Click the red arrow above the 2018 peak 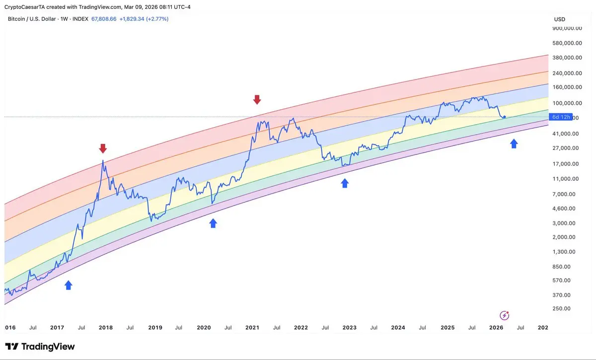click(x=103, y=148)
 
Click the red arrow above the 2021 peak click(x=257, y=99)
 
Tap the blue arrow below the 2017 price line click(x=69, y=285)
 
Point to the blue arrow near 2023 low click(x=345, y=183)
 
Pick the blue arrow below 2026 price click(x=514, y=144)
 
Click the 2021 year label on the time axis click(x=252, y=328)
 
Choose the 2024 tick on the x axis click(x=398, y=328)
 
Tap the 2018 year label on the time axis click(x=106, y=328)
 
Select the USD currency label click(x=560, y=19)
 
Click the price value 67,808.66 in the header click(x=104, y=19)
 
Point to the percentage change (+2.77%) click(x=157, y=19)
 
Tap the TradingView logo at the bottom click(x=40, y=347)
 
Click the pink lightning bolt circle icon click(x=504, y=315)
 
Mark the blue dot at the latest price click(x=505, y=117)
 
